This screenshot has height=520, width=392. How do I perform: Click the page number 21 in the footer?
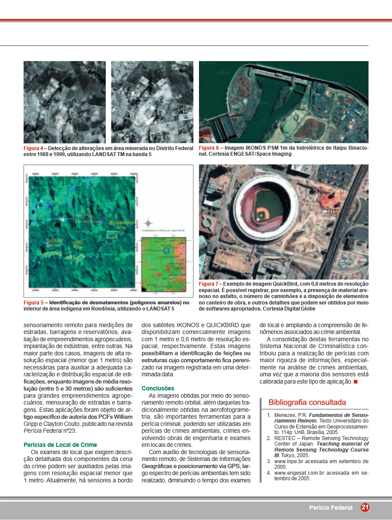tap(365, 508)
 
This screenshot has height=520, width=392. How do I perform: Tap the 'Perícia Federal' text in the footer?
tap(331, 508)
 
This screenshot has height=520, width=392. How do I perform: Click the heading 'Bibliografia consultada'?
tap(307, 402)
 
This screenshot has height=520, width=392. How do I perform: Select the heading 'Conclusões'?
tap(158, 388)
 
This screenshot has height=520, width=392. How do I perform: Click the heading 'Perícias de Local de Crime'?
tap(60, 445)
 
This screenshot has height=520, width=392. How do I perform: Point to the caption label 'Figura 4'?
tap(33, 148)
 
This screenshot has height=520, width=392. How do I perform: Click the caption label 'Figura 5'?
tap(33, 303)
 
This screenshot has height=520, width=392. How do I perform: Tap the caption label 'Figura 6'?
tap(208, 148)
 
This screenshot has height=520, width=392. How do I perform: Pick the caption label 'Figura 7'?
tap(208, 284)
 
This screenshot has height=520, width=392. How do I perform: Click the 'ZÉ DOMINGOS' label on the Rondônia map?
tap(121, 223)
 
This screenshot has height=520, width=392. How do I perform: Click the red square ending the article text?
tap(355, 381)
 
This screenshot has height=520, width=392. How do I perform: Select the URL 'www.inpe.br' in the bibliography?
tap(289, 461)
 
